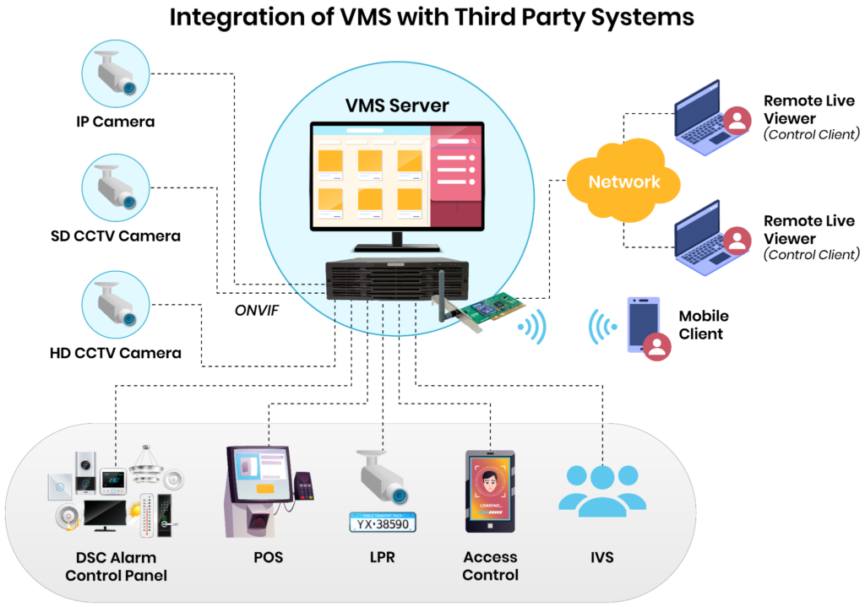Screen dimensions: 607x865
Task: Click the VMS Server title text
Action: [397, 106]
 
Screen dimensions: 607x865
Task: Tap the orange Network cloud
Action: [623, 181]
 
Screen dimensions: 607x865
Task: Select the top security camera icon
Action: [116, 73]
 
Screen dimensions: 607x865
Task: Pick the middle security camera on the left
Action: [116, 187]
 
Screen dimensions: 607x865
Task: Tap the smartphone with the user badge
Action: [644, 325]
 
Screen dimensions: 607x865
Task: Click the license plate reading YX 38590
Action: [384, 523]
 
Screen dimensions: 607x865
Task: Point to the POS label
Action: [268, 557]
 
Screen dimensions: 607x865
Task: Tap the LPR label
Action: [382, 557]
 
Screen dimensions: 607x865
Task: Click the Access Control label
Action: [491, 566]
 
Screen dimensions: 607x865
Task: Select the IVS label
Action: [602, 557]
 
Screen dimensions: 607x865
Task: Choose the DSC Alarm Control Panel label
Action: [116, 566]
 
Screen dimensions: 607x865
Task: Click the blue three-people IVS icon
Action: [602, 490]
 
